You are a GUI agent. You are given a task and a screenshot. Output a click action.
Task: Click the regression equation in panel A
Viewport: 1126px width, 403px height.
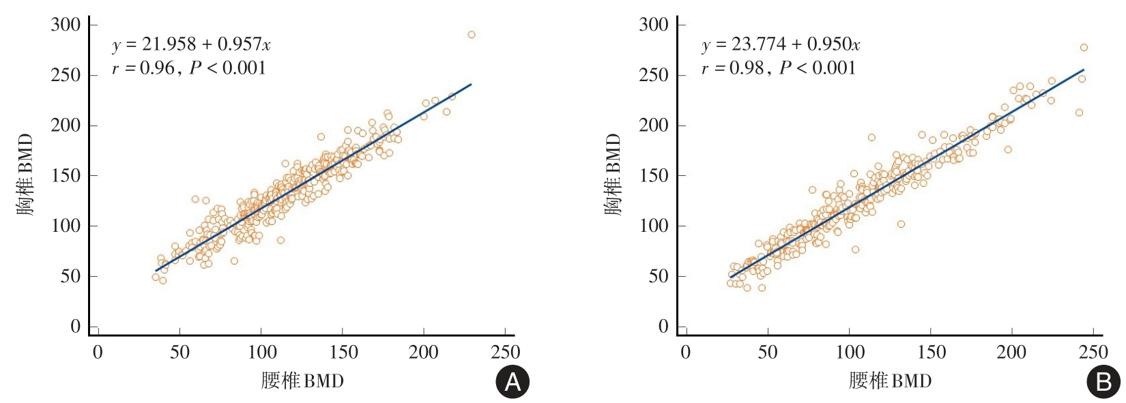coord(191,45)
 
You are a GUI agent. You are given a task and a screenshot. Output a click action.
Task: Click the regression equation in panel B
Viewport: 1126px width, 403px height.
coord(781,45)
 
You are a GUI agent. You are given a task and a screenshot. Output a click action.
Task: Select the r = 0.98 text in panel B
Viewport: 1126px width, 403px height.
coord(733,68)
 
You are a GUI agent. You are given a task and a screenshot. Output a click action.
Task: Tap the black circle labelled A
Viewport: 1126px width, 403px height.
coord(512,383)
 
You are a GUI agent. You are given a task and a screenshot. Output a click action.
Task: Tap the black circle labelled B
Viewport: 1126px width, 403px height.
coord(1103,383)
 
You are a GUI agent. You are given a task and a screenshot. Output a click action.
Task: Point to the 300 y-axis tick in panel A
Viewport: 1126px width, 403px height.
coord(66,25)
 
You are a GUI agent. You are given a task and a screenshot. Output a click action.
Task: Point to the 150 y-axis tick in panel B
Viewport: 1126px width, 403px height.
coord(654,176)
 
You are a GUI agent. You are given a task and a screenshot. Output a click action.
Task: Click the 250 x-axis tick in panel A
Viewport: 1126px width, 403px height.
coord(505,352)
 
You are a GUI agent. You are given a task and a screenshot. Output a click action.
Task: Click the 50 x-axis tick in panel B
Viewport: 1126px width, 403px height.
coord(768,352)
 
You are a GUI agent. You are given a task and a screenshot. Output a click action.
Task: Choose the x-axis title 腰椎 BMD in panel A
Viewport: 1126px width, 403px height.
coord(302,380)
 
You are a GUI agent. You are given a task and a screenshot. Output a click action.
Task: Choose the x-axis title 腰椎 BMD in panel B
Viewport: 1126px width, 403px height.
coord(891,380)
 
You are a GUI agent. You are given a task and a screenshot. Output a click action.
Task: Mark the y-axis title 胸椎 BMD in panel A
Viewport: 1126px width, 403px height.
coord(25,175)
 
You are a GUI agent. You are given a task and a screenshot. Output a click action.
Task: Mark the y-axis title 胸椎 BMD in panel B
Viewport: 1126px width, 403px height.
coord(613,175)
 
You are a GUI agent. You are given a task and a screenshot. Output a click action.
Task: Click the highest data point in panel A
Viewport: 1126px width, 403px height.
coord(471,35)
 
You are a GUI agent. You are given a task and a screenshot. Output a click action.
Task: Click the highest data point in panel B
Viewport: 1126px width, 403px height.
coord(1084,48)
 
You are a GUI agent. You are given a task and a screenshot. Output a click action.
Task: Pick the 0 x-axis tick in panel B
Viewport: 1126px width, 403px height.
coord(686,352)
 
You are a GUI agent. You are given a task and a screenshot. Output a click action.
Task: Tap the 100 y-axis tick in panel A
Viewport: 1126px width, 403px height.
coord(66,226)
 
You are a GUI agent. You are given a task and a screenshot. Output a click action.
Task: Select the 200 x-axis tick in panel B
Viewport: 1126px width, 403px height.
coord(1011,352)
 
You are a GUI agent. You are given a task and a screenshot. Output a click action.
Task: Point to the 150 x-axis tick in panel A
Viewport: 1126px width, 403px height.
coord(343,352)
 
